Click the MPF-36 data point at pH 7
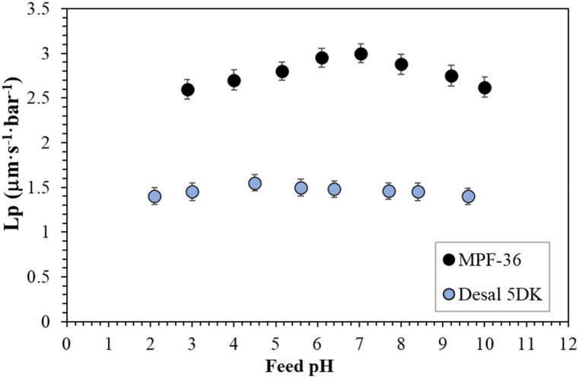[x=361, y=54]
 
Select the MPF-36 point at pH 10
[x=485, y=87]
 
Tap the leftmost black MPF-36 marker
[x=188, y=90]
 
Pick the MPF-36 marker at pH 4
[x=234, y=81]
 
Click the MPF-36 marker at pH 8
[x=401, y=65]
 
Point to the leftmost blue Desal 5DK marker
[x=154, y=196]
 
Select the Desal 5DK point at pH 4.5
[x=255, y=183]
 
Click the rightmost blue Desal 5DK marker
[x=469, y=196]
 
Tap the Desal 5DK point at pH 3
[x=192, y=192]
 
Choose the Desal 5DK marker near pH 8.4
[x=418, y=192]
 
